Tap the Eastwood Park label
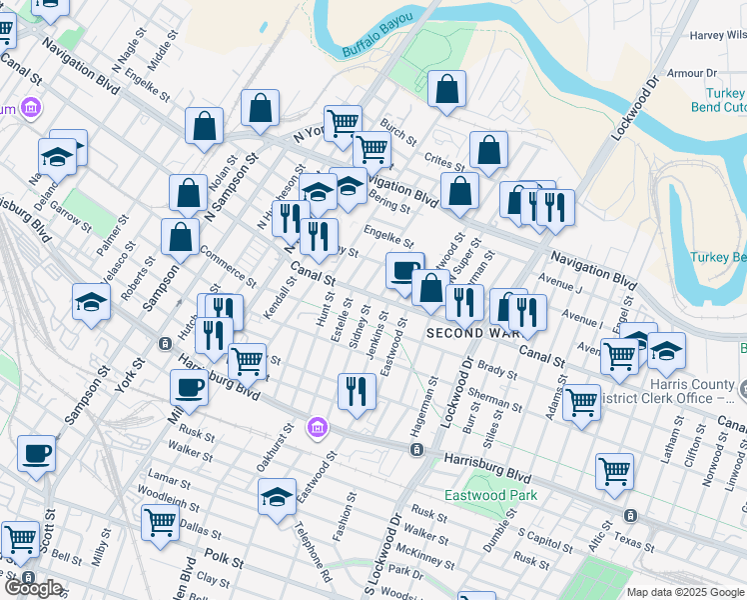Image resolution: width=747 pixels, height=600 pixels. click(491, 495)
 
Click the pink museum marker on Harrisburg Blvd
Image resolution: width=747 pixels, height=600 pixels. click(318, 427)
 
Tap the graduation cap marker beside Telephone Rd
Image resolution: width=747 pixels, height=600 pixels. click(277, 497)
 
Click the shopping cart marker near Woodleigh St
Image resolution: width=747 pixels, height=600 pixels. click(160, 521)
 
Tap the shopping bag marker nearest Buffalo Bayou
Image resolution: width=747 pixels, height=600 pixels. click(447, 90)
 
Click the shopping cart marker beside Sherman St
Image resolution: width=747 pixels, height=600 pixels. click(581, 404)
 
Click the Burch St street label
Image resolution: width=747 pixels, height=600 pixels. click(398, 133)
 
